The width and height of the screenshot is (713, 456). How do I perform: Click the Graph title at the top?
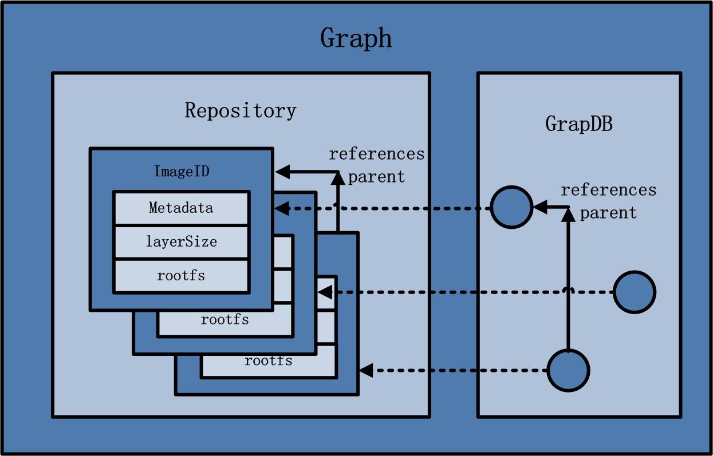pyautogui.click(x=356, y=38)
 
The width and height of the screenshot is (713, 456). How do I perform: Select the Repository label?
pyautogui.click(x=241, y=110)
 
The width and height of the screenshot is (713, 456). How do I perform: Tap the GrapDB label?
pyautogui.click(x=578, y=124)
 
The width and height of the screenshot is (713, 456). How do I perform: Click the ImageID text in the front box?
pyautogui.click(x=182, y=172)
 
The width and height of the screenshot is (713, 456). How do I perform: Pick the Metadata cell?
pyautogui.click(x=181, y=208)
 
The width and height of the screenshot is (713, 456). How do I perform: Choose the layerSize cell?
pyautogui.click(x=181, y=241)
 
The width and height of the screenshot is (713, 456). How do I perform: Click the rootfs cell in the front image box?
pyautogui.click(x=181, y=275)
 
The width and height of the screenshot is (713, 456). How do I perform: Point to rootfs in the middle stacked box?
pyautogui.click(x=224, y=319)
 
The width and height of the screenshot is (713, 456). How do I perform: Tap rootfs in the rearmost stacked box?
pyautogui.click(x=268, y=361)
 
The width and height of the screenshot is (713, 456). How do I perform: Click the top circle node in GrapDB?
pyautogui.click(x=511, y=208)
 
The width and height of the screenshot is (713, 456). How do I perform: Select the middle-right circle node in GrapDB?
pyautogui.click(x=635, y=292)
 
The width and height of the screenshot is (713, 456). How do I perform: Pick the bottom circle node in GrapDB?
pyautogui.click(x=568, y=371)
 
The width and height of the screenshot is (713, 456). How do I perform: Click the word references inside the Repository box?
pyautogui.click(x=376, y=154)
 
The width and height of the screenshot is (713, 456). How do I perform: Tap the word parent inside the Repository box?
pyautogui.click(x=376, y=177)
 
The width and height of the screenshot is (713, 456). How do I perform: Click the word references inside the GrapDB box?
pyautogui.click(x=608, y=190)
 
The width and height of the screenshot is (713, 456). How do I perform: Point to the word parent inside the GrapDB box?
pyautogui.click(x=608, y=213)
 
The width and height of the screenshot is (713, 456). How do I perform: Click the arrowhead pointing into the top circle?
pyautogui.click(x=539, y=208)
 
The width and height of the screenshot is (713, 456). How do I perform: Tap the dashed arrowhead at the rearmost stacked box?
pyautogui.click(x=365, y=371)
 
